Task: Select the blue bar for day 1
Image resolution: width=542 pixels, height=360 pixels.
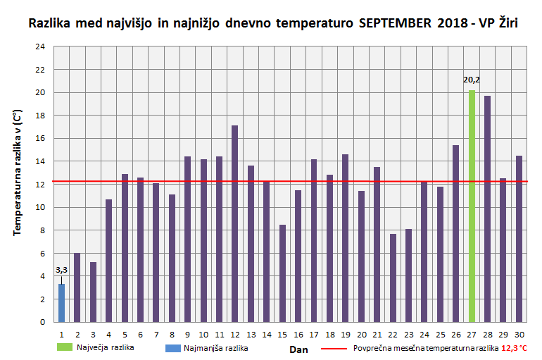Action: click(62, 303)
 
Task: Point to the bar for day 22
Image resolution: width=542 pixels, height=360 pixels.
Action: click(393, 278)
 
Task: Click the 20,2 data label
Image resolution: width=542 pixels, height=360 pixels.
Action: click(472, 80)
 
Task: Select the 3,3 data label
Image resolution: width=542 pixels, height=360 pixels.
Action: click(61, 270)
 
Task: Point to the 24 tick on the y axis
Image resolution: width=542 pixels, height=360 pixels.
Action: click(40, 46)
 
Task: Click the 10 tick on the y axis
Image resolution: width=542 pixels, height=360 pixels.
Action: click(40, 207)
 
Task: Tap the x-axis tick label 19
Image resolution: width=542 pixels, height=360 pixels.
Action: click(346, 334)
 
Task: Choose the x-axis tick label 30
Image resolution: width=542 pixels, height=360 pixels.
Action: click(519, 334)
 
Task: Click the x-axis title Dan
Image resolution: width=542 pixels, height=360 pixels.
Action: click(298, 348)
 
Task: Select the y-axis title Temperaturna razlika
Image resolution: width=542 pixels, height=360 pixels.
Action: click(17, 173)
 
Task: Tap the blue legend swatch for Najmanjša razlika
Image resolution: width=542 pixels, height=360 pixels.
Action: click(172, 347)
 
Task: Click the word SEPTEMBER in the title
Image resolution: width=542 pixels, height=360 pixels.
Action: click(392, 23)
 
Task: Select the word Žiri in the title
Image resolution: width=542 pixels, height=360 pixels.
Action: click(504, 23)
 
